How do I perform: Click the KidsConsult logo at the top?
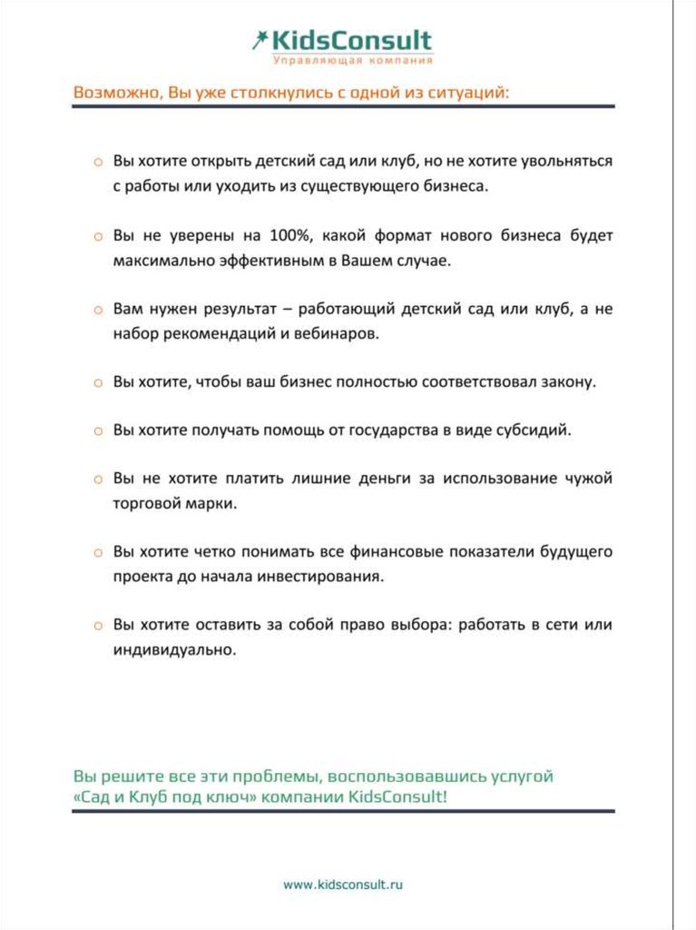pos(343,41)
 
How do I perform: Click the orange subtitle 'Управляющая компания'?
pos(353,60)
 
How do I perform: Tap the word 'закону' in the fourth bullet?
pos(568,381)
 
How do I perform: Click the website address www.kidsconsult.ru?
pos(342,884)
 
